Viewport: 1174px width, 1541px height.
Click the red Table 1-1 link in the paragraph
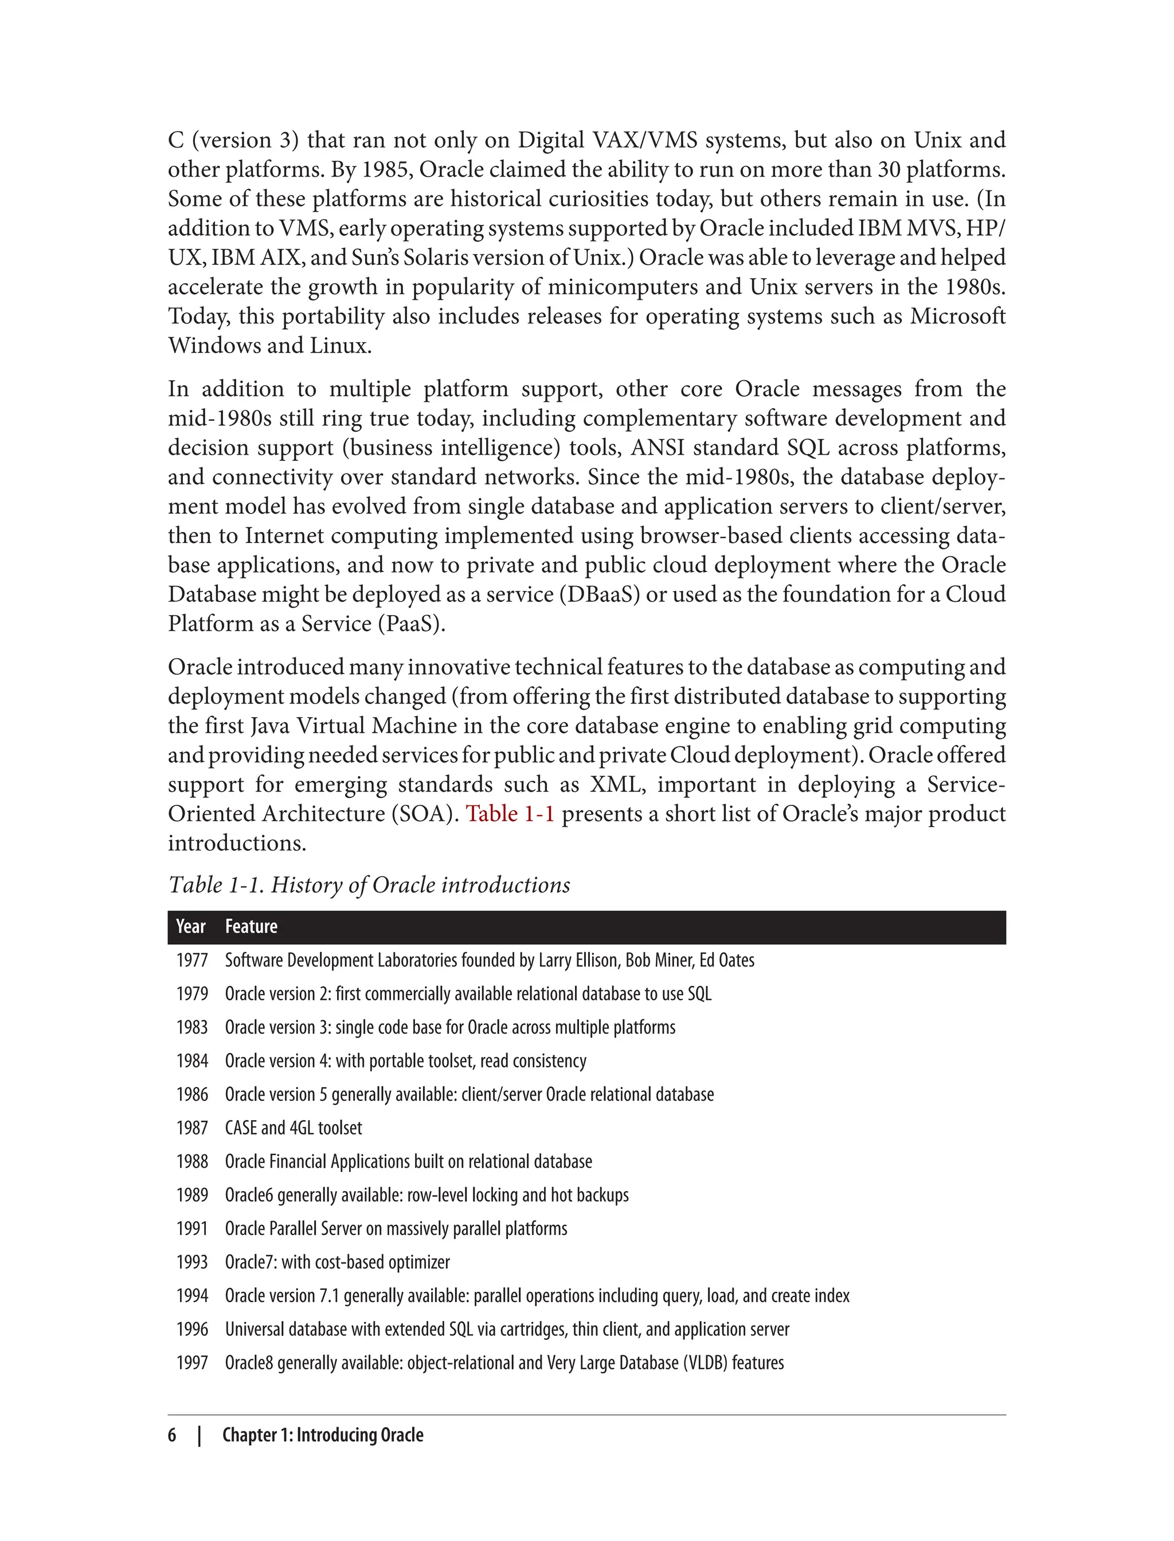[510, 814]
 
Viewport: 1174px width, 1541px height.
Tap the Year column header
[191, 926]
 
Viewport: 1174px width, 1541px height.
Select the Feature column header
[251, 926]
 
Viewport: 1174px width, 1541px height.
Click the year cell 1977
[192, 960]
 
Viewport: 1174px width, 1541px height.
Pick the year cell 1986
[192, 1094]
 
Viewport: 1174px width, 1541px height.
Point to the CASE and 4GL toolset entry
[293, 1128]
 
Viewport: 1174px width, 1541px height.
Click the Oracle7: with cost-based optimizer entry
[337, 1262]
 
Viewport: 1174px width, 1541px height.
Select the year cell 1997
[192, 1363]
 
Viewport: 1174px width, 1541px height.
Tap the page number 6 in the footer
[172, 1436]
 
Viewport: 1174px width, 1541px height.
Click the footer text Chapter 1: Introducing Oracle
[323, 1436]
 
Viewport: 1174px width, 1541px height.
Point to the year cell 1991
[192, 1229]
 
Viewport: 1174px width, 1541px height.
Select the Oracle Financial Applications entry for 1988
[408, 1161]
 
